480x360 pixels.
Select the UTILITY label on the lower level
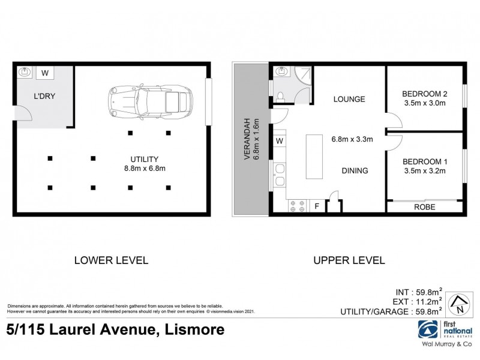click(x=145, y=159)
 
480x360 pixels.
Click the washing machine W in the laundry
click(x=46, y=73)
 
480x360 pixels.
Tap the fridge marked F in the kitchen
click(x=317, y=206)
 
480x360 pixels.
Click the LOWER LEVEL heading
click(x=110, y=260)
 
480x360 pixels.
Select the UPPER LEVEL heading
click(x=349, y=260)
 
